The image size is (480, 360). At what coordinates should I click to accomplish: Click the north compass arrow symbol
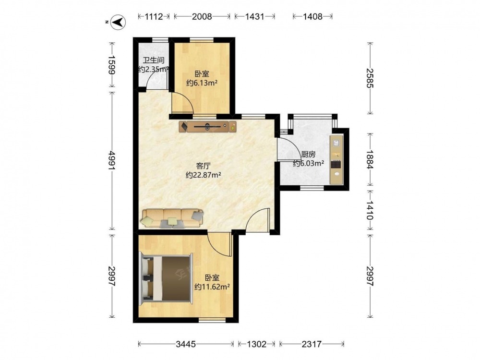(119, 22)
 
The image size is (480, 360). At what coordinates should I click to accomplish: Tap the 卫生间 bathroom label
(154, 60)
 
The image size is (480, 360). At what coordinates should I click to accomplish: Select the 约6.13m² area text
(202, 83)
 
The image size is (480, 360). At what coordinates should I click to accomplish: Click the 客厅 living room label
(203, 166)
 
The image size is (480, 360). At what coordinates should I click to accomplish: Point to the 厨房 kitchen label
(308, 155)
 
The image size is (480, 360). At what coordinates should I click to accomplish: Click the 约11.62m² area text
(212, 287)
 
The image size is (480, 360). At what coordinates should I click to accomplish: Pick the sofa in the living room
(172, 218)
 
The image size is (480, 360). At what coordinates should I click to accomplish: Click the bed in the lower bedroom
(166, 278)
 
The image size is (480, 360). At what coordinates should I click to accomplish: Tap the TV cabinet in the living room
(208, 126)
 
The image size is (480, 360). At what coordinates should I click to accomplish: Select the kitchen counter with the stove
(336, 159)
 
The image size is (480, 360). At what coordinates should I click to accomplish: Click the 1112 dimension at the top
(154, 16)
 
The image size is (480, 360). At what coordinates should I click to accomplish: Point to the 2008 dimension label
(202, 16)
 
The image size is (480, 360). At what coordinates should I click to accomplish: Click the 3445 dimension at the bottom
(186, 344)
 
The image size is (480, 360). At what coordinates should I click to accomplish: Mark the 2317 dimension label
(312, 344)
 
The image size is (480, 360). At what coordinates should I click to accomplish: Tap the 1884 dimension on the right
(370, 159)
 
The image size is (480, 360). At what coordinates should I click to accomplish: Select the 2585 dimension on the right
(370, 78)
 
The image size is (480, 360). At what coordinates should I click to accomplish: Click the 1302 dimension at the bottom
(256, 344)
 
